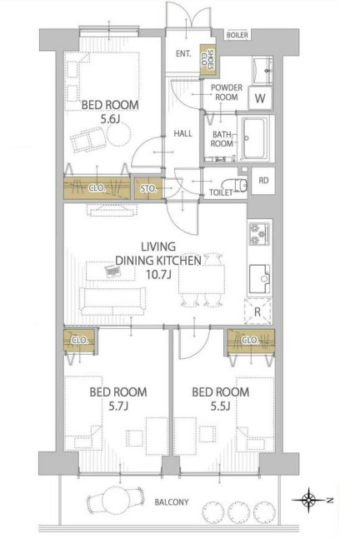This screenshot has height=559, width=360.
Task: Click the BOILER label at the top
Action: pos(237,35)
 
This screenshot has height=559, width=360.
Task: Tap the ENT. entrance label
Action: pos(183,54)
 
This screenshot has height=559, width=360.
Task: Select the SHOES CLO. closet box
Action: pos(207,59)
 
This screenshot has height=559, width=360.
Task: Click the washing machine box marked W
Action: pos(260,98)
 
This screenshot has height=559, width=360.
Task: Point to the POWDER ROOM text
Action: pos(227,92)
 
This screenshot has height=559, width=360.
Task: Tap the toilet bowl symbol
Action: pos(235,185)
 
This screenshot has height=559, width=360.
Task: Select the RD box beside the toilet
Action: pos(263,181)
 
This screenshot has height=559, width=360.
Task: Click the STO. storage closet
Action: pos(148,188)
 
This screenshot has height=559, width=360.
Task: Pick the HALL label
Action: pos(182,133)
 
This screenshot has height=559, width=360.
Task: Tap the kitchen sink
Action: pos(259,279)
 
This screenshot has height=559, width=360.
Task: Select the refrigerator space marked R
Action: pos(257,312)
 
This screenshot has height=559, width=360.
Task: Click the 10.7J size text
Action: pos(158,275)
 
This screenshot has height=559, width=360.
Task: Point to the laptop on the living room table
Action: pos(113,272)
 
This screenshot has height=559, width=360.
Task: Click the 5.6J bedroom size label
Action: pos(109,119)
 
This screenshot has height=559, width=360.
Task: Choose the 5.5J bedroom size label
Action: pos(220,406)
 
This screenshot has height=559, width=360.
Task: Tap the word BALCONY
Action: pos(172,502)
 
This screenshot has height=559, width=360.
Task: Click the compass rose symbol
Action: pos(309,500)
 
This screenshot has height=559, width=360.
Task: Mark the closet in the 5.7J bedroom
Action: pos(79,342)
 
